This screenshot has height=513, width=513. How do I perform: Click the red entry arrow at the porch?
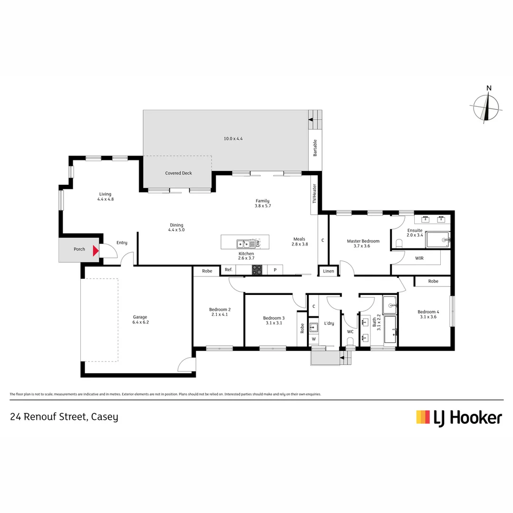tap(96, 250)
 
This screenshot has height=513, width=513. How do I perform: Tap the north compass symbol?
tap(486, 106)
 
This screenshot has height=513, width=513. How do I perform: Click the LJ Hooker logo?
tap(459, 418)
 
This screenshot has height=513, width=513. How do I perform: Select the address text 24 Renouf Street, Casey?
tap(64, 417)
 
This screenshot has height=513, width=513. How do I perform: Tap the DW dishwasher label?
tap(258, 244)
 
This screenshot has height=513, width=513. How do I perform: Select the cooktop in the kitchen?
tap(257, 270)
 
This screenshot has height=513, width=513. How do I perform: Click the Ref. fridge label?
tap(228, 270)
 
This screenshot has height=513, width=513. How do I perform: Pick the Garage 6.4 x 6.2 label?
tap(140, 319)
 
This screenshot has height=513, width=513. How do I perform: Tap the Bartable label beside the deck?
tap(315, 148)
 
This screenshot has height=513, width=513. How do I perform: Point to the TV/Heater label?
tap(314, 194)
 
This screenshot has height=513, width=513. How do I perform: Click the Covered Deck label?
tap(179, 173)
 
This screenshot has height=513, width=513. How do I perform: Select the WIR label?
tap(419, 258)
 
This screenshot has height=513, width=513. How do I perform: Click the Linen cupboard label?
tap(329, 271)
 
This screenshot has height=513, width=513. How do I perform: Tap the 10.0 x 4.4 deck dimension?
tap(233, 139)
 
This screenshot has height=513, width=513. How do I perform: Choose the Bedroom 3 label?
tap(274, 320)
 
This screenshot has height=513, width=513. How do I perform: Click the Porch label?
tap(79, 249)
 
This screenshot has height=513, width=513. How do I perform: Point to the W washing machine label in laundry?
tap(313, 339)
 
